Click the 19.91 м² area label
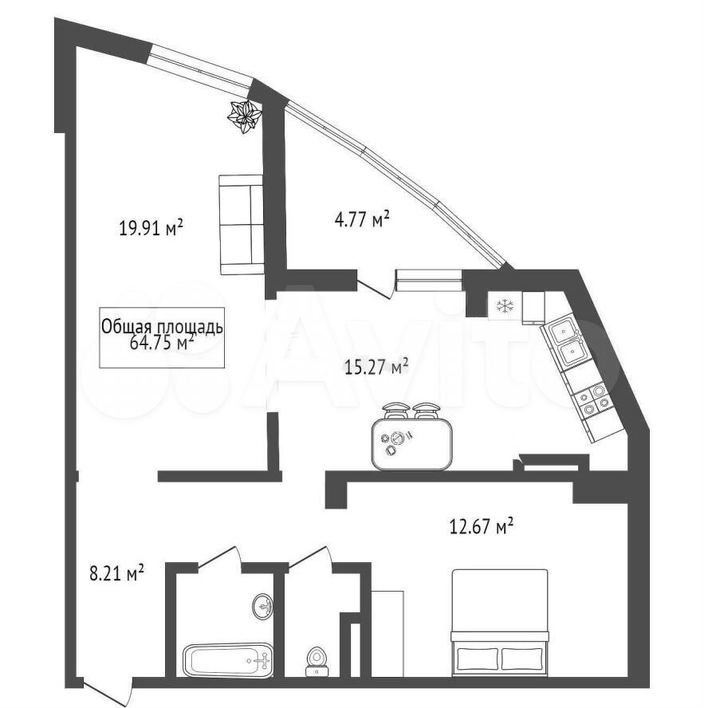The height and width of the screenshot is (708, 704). pyautogui.click(x=151, y=227)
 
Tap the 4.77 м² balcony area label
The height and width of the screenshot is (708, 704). pyautogui.click(x=362, y=220)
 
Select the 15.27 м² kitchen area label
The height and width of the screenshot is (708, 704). pyautogui.click(x=376, y=367)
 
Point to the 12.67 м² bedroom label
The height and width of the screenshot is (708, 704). pyautogui.click(x=482, y=526)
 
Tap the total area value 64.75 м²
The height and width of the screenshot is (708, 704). pyautogui.click(x=162, y=343)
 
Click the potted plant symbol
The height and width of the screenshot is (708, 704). pyautogui.click(x=244, y=116)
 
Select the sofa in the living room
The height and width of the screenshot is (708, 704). pyautogui.click(x=241, y=225)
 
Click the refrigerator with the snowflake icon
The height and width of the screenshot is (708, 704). pyautogui.click(x=505, y=306)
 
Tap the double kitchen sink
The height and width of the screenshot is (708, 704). pyautogui.click(x=564, y=343)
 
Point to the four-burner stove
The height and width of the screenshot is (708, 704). pyautogui.click(x=593, y=401)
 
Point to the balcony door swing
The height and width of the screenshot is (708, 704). pyautogui.click(x=374, y=287)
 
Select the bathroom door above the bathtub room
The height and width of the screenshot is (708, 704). pyautogui.click(x=220, y=556)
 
